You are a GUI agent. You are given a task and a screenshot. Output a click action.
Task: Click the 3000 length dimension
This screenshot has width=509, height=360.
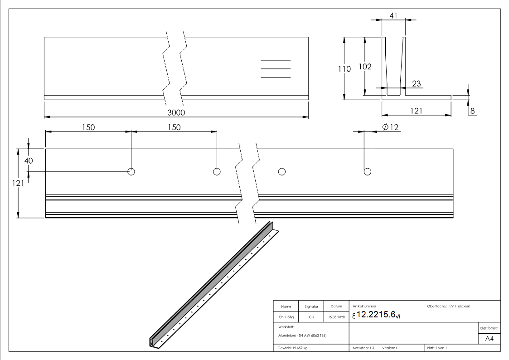177,112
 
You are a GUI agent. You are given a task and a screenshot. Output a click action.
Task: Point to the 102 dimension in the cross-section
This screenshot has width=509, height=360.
365,67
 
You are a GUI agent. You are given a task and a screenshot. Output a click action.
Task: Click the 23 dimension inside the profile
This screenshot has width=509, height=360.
417,83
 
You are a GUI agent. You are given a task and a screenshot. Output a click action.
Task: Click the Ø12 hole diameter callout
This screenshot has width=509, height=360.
390,127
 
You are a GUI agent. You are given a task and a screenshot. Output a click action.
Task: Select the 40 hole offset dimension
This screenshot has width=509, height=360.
28,160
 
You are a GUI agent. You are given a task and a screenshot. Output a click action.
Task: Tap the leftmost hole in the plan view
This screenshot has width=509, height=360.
131,171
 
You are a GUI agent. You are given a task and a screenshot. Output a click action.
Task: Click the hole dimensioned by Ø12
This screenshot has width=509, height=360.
367,171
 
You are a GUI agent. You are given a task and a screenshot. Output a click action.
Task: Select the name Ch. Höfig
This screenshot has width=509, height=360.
286,317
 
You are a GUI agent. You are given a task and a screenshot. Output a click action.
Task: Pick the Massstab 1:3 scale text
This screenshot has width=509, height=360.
363,348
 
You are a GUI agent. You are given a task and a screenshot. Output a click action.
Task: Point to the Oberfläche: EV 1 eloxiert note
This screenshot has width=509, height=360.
449,306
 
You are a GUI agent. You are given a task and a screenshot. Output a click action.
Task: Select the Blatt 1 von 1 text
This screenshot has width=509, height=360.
436,348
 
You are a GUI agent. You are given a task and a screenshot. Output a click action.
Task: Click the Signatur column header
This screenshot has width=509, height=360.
311,306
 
